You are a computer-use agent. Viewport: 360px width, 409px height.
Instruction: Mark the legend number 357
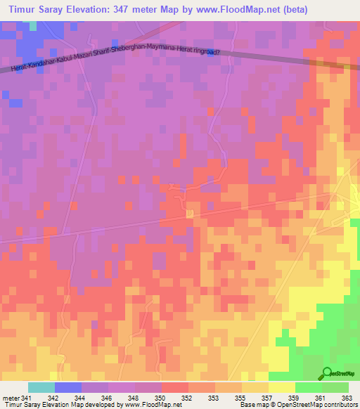[x=268, y=398]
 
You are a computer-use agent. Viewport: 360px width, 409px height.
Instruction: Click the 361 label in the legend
[x=321, y=398]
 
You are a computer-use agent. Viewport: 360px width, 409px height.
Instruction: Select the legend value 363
[x=348, y=398]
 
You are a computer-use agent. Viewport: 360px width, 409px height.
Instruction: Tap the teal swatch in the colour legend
[x=41, y=387]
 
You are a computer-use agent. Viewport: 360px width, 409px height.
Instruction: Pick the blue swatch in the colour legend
[x=67, y=387]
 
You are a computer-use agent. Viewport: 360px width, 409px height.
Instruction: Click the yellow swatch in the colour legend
[x=281, y=387]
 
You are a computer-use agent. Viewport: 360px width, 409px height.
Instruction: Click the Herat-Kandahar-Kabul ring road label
[x=115, y=60]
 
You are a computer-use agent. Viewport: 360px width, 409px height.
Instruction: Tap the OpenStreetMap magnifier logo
[x=328, y=373]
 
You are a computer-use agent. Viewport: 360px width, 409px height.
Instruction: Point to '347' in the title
[x=134, y=8]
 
